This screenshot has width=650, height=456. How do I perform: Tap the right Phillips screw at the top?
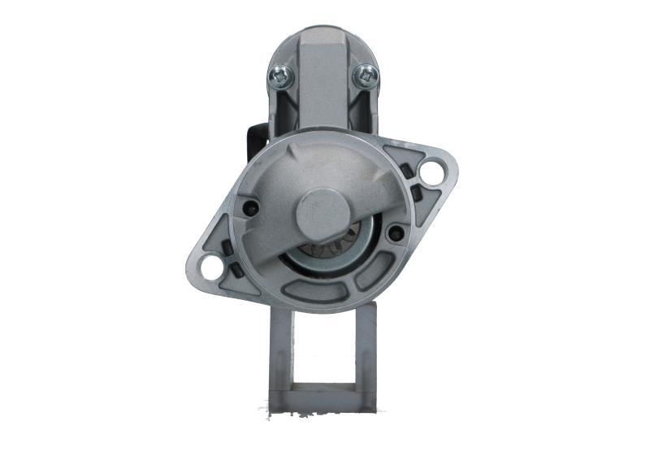click(x=366, y=76)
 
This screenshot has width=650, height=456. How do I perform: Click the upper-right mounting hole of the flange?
click(x=431, y=172)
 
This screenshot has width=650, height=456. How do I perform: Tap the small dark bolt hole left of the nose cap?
click(x=252, y=208)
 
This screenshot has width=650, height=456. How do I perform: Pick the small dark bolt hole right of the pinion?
click(x=396, y=233)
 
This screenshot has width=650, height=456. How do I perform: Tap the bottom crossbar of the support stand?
click(x=323, y=400)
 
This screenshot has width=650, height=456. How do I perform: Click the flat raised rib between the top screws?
click(x=323, y=81)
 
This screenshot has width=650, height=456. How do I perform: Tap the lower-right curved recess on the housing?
click(x=374, y=271)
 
